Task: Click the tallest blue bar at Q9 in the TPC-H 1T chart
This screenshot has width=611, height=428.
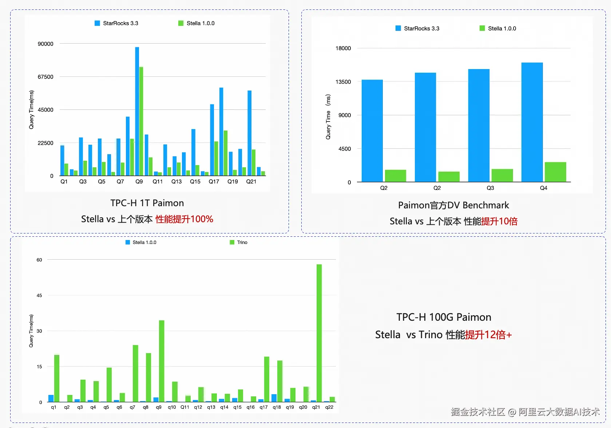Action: click(137, 111)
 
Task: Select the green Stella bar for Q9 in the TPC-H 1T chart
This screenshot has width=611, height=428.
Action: click(141, 121)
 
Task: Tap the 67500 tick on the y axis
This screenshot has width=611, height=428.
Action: click(45, 77)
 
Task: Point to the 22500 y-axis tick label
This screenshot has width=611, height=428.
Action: click(45, 143)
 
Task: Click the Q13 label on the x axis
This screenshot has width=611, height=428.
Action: click(176, 181)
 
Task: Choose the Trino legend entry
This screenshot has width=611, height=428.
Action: click(242, 242)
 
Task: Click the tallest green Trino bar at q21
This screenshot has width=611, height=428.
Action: click(319, 333)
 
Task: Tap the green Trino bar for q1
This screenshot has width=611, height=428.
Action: click(57, 378)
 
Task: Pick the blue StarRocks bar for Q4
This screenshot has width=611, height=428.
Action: click(532, 122)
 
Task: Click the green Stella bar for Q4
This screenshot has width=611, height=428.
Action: click(555, 172)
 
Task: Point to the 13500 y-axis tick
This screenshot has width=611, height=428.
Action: click(343, 82)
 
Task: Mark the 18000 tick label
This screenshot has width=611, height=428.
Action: click(343, 48)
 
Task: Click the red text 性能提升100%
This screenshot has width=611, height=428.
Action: click(184, 219)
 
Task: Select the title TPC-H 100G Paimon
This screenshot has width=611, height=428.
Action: click(444, 317)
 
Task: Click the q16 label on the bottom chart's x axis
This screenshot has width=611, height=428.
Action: click(251, 407)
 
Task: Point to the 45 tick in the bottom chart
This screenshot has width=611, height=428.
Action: click(39, 295)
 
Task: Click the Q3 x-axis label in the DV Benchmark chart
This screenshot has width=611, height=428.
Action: click(490, 188)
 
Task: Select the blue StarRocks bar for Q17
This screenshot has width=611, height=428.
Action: click(212, 140)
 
